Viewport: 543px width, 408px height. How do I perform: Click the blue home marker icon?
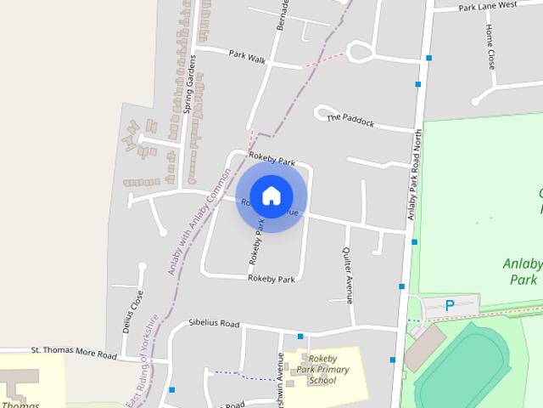coord(271,195)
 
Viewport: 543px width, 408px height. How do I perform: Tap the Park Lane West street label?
coord(487,6)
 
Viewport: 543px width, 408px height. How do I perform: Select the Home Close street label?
coord(490,46)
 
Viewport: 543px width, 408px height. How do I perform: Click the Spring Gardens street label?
coord(191,83)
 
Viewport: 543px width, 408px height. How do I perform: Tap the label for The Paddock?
coord(350,119)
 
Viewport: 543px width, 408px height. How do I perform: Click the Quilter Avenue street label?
coord(347,275)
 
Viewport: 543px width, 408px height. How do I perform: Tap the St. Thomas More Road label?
coord(73,351)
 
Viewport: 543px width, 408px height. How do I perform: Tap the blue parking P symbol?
coord(450,305)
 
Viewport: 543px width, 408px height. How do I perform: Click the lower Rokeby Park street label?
coord(271,279)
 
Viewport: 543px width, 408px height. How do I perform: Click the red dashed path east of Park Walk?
coord(324,59)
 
